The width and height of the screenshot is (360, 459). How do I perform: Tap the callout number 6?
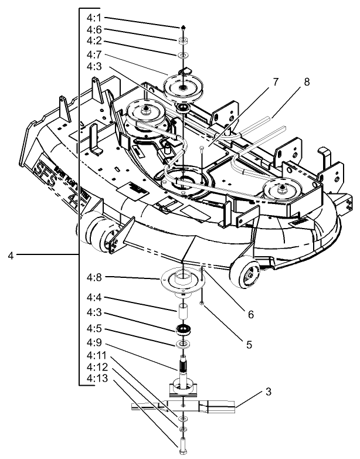pyautogui.click(x=250, y=314)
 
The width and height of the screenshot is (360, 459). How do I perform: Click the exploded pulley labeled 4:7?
pyautogui.click(x=184, y=87)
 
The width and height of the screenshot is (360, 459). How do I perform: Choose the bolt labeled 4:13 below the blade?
pyautogui.click(x=184, y=447)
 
